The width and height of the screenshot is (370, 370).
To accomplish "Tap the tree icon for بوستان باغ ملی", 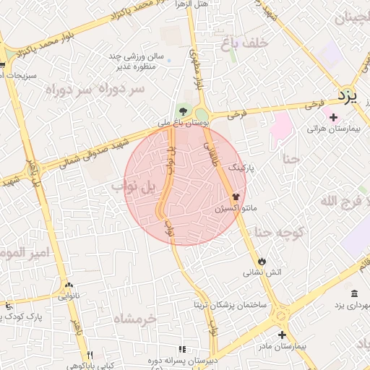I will click(x=184, y=111).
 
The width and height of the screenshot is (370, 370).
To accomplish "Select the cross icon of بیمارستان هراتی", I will click(x=333, y=118).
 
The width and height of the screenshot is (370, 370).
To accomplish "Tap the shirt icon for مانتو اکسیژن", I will click(x=236, y=196).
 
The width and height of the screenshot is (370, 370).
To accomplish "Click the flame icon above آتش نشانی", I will click(x=262, y=261).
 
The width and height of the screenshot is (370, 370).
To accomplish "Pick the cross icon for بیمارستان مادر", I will click(x=282, y=335).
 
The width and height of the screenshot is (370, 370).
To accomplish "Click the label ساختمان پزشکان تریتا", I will click(x=230, y=304).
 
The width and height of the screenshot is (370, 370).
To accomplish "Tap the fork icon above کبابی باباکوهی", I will click(x=90, y=354).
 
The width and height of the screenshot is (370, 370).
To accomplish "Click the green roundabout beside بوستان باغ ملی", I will click(x=201, y=114).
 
